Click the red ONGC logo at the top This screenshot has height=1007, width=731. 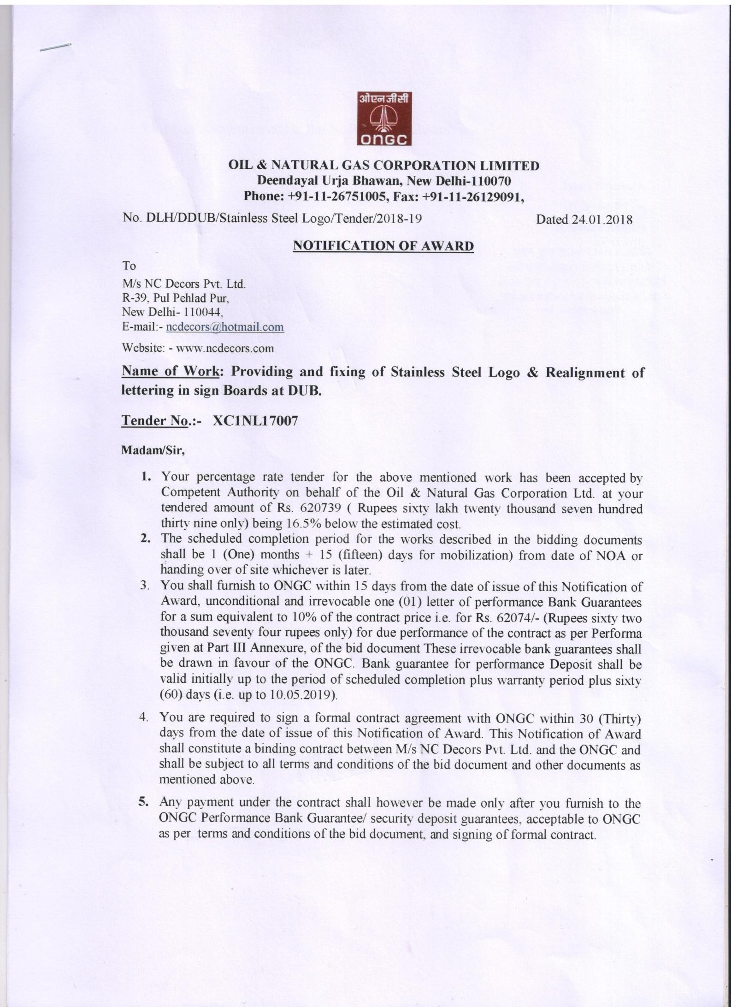click(384, 118)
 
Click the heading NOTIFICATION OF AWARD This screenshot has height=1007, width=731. click(383, 246)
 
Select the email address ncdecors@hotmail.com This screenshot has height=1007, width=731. click(225, 327)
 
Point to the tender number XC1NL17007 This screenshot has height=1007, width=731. click(255, 421)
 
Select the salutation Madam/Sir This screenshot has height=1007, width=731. click(153, 450)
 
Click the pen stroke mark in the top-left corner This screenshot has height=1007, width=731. click(55, 47)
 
